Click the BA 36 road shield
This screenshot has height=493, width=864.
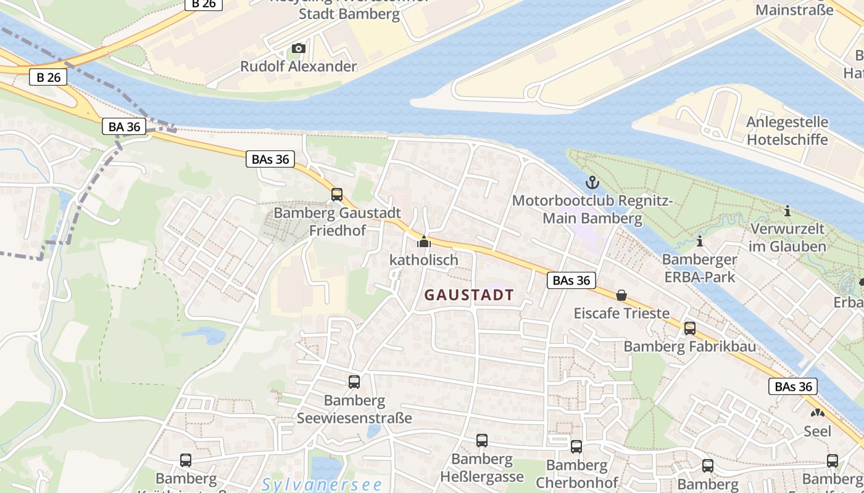click(125, 127)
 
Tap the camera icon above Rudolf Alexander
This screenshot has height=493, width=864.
click(298, 48)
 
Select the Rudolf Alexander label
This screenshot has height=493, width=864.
click(298, 67)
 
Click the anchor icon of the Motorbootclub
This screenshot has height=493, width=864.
click(592, 182)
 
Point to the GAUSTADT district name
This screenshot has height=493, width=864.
click(469, 295)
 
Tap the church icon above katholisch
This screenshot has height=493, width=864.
click(423, 242)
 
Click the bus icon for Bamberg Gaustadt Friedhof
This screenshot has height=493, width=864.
click(337, 195)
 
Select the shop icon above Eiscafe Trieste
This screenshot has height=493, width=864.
click(621, 296)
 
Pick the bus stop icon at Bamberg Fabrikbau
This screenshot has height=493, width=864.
click(689, 328)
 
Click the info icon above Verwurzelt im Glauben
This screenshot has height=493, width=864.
click(787, 211)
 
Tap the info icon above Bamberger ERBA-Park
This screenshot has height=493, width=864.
click(699, 240)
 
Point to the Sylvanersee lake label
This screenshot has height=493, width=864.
click(322, 484)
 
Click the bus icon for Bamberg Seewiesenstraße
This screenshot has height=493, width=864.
click(354, 382)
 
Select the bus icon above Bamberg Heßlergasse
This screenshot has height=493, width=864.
click(481, 441)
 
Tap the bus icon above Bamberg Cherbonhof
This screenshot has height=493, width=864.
click(576, 447)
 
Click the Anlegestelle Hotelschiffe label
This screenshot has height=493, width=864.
click(787, 131)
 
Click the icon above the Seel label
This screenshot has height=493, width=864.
click(817, 413)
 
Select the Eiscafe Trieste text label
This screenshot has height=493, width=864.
click(621, 313)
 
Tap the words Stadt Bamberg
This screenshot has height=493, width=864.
click(349, 14)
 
